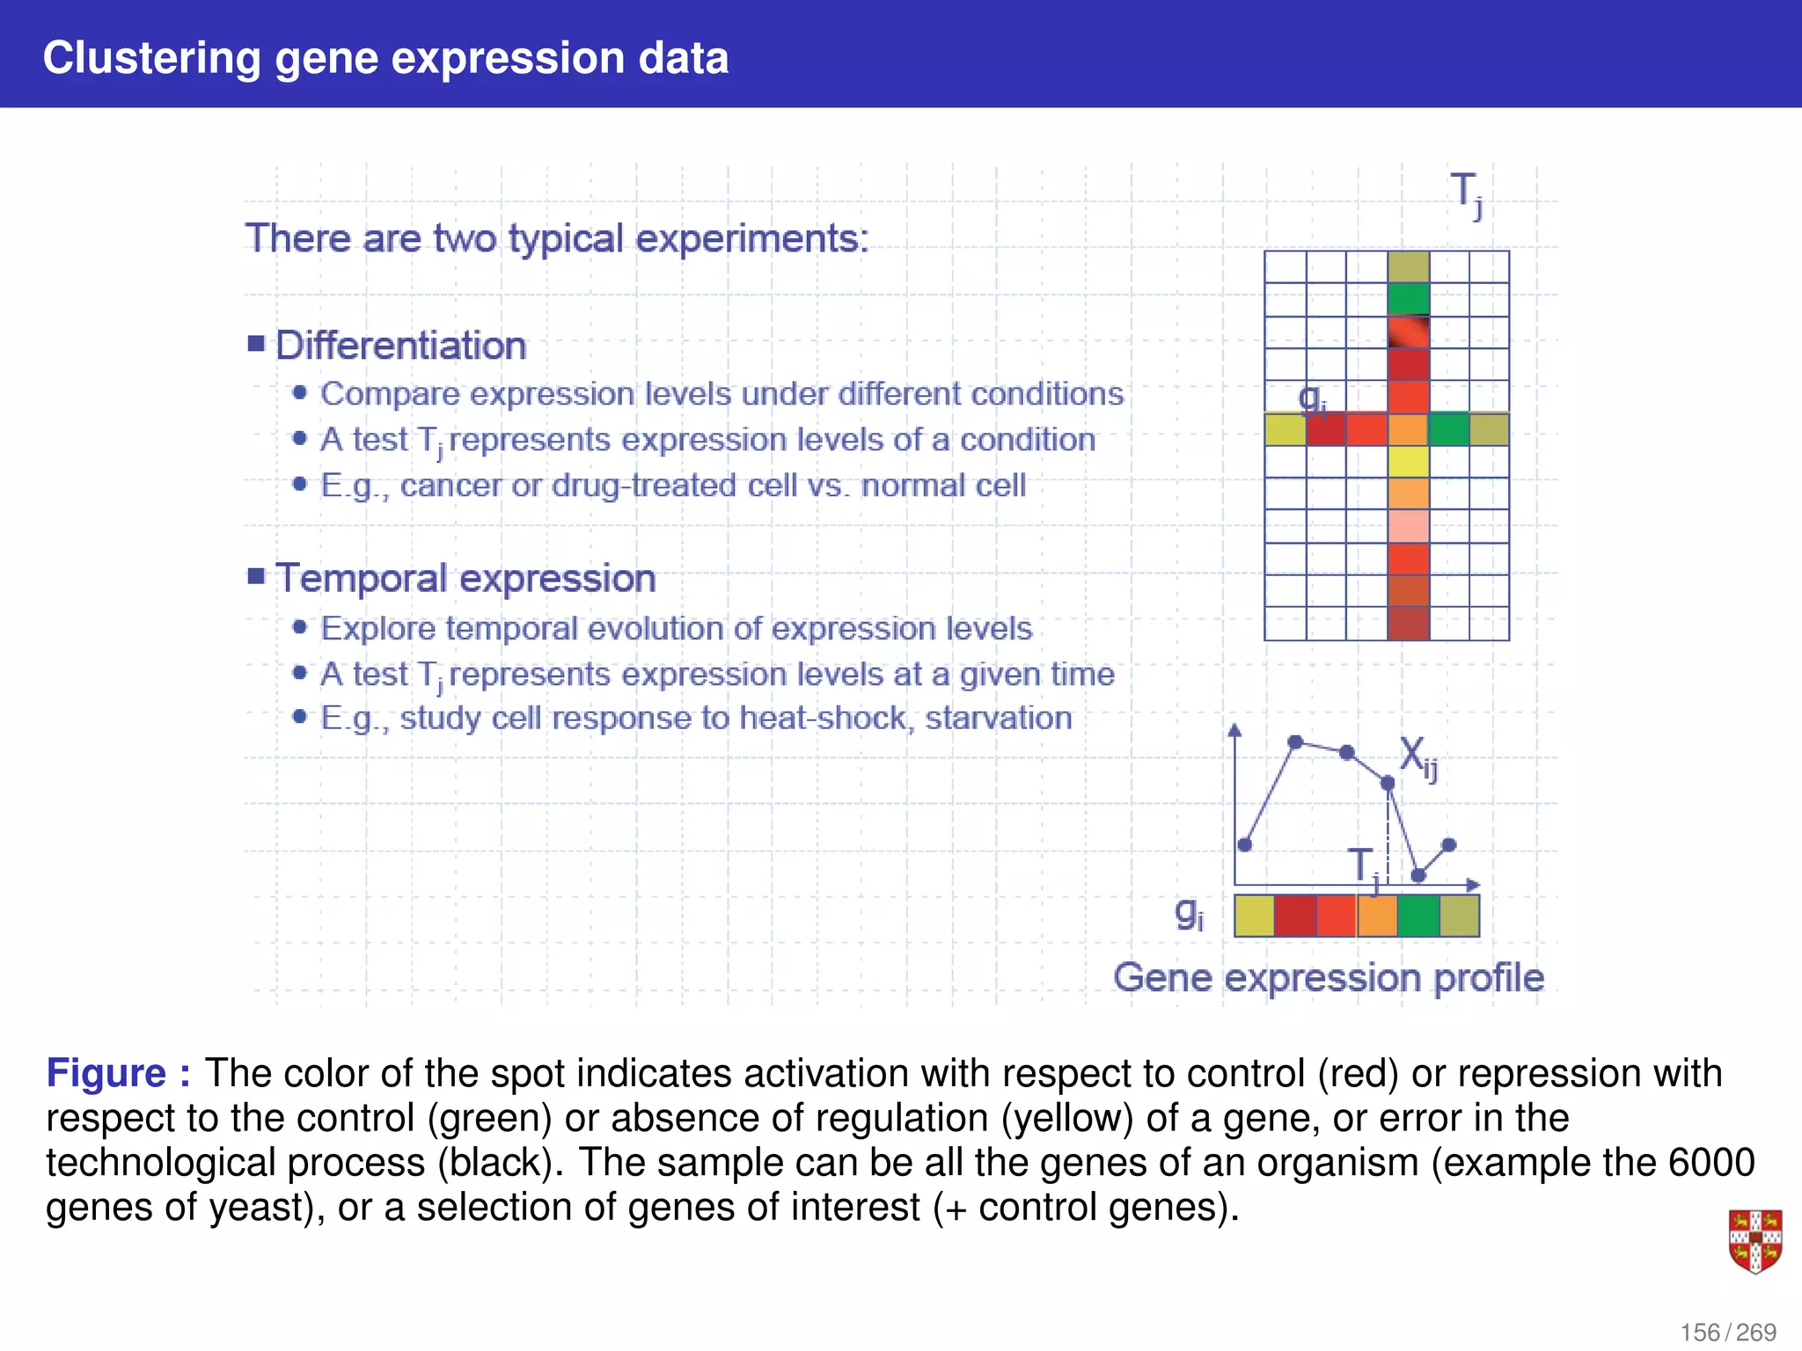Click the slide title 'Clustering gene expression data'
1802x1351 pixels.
tap(385, 58)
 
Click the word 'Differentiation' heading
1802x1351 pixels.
tap(400, 346)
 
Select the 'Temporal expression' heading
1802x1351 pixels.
tap(465, 579)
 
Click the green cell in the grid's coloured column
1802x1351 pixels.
tap(1408, 299)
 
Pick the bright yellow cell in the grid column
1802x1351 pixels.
tap(1408, 462)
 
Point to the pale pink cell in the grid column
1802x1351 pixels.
tap(1408, 527)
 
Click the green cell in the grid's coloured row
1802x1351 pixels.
tap(1448, 429)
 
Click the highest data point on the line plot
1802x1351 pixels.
tap(1294, 742)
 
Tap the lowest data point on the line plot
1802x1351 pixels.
tap(1417, 875)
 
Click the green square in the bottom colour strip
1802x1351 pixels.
tap(1417, 916)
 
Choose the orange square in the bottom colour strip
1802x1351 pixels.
tap(1377, 916)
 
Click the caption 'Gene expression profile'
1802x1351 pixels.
tap(1328, 978)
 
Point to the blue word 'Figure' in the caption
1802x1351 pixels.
tap(106, 1074)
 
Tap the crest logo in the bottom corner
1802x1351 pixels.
tap(1754, 1241)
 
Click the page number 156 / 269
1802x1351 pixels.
tap(1727, 1333)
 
